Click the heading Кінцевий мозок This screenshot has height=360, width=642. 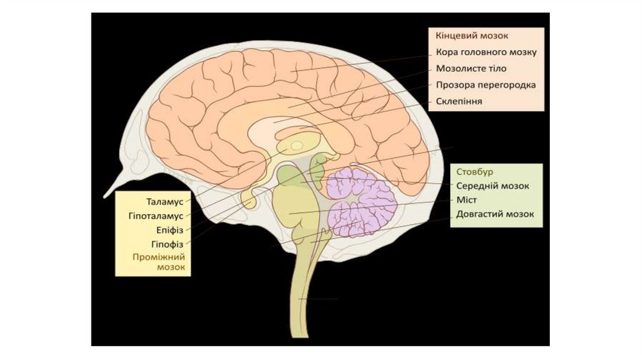point(465,36)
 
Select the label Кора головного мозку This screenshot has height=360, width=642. point(486,52)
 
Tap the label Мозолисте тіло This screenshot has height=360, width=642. point(471,68)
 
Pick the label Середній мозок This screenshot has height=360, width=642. point(492,186)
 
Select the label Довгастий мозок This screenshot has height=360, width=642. point(495,214)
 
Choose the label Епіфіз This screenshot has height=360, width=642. point(169,230)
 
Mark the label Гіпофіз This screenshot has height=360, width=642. point(167,243)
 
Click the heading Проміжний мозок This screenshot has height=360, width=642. point(162,262)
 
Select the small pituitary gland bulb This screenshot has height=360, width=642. point(249,199)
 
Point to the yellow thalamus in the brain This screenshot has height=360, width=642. point(293,146)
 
